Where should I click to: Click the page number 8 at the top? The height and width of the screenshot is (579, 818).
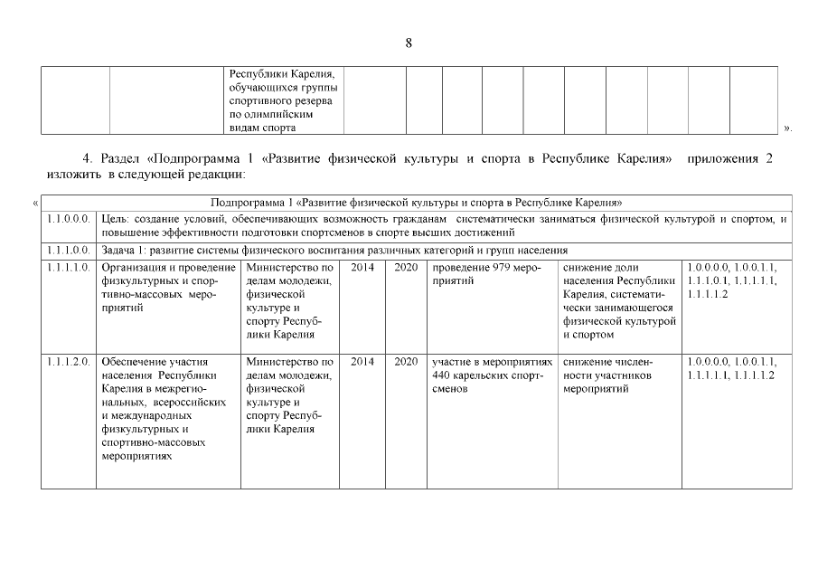[409, 43]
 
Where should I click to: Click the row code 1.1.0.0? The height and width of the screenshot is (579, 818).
[68, 218]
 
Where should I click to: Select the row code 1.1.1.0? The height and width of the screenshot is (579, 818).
[68, 250]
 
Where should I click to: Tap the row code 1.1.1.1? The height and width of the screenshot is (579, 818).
[68, 268]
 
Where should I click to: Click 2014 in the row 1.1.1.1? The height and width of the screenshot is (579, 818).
[362, 268]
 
